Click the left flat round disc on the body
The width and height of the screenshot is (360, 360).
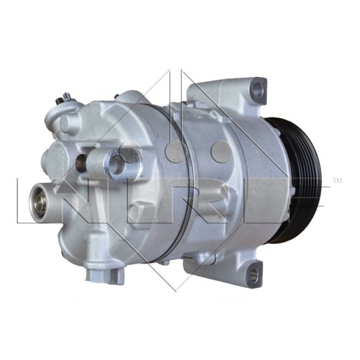(176, 152)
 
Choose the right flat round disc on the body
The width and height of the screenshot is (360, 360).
(222, 151)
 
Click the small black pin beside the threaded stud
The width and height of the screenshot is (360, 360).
(58, 102)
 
